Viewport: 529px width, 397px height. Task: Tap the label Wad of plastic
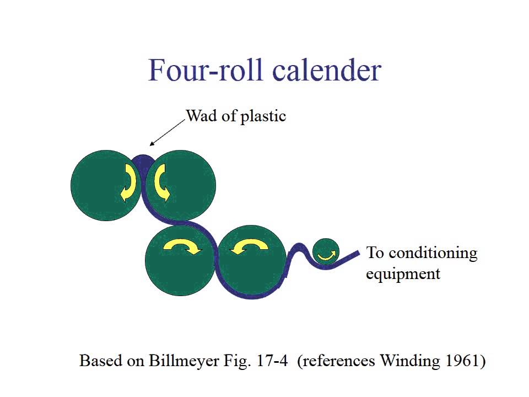[x=236, y=116]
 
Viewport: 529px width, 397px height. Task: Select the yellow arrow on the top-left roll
[x=127, y=183]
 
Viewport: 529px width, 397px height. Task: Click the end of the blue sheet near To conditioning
[x=357, y=254]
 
